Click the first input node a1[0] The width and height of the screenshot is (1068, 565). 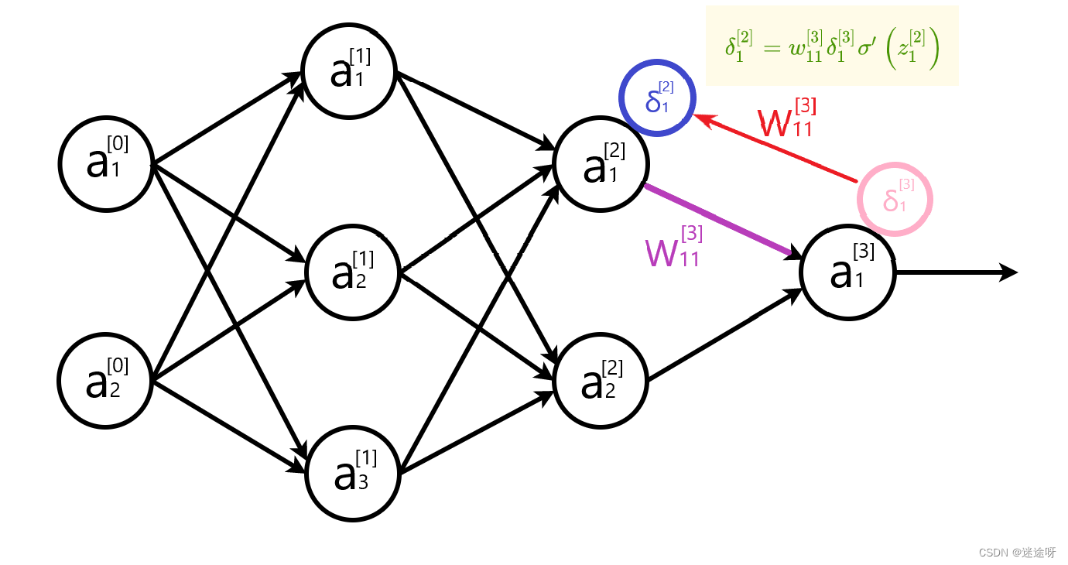click(x=106, y=164)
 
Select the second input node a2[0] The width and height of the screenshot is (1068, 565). click(x=106, y=381)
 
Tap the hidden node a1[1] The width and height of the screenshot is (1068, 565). click(x=350, y=72)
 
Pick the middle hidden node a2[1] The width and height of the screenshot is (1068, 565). click(x=353, y=271)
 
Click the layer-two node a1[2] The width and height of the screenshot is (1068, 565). click(x=601, y=164)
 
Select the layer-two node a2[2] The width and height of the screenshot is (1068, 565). click(x=601, y=381)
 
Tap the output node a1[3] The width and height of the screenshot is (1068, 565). click(x=848, y=272)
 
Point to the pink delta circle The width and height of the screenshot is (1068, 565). click(x=895, y=199)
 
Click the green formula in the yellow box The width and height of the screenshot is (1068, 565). click(x=832, y=48)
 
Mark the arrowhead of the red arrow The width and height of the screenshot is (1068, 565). click(x=701, y=118)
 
